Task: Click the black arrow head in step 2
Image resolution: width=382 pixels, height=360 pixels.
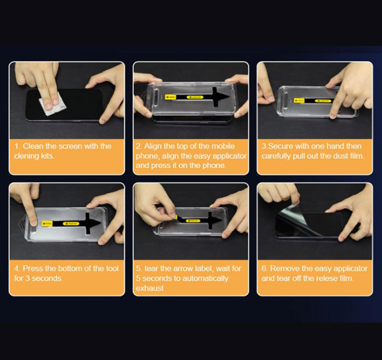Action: pos(221,96)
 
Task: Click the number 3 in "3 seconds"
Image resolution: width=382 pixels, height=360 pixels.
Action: pos(27,278)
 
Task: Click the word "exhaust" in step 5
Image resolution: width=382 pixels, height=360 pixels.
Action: pos(150,288)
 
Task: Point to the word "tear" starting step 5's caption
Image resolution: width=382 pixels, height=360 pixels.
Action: pos(151,269)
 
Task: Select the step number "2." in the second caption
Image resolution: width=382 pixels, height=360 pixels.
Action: pos(139,146)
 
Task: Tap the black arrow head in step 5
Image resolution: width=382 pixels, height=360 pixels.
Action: pos(215,220)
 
